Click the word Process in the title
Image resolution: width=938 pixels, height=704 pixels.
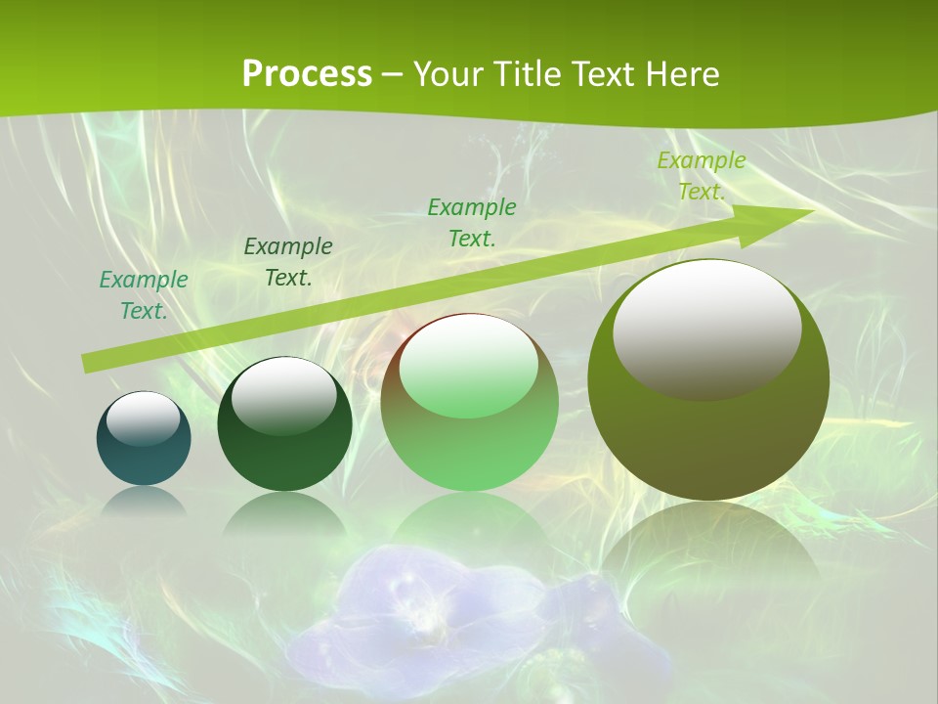[307, 73]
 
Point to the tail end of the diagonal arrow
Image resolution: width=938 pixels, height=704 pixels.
[90, 363]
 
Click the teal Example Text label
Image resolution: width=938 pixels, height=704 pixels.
[144, 294]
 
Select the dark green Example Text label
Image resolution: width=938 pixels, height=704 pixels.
[287, 261]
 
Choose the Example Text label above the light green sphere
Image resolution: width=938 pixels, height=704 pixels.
[472, 222]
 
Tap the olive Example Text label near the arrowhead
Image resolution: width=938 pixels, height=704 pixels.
[701, 176]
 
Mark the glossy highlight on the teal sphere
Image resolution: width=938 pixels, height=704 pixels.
[144, 418]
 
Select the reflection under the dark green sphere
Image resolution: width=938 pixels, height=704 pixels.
[284, 513]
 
